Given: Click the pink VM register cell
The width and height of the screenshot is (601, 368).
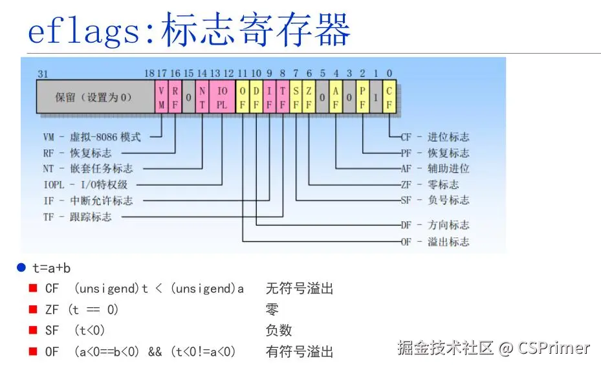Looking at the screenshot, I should click(x=160, y=97).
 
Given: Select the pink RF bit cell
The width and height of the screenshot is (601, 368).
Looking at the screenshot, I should click(x=175, y=97).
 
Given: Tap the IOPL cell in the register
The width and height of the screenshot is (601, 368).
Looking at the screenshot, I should click(x=222, y=97).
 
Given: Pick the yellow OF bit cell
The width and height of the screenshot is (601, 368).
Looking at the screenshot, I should click(x=243, y=97).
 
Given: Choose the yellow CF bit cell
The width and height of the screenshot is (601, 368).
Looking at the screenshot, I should click(x=389, y=97).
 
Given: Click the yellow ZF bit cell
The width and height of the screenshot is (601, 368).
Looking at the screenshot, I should click(x=309, y=97).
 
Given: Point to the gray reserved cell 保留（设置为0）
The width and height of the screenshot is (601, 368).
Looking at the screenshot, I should click(x=94, y=97).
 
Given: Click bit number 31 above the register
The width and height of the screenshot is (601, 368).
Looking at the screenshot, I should click(x=43, y=74).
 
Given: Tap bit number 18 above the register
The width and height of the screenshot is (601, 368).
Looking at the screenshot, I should click(x=149, y=74).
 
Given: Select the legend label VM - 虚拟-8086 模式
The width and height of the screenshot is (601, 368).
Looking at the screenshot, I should click(x=92, y=136).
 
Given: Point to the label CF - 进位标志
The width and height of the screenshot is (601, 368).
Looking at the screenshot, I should click(x=435, y=136).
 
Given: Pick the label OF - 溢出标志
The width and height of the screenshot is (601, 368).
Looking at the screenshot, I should click(x=435, y=242).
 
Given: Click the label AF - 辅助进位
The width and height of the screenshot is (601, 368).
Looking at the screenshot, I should click(x=435, y=168).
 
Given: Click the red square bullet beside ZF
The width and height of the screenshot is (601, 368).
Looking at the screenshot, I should click(x=32, y=309).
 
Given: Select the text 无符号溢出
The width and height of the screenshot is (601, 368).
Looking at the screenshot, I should click(x=300, y=288).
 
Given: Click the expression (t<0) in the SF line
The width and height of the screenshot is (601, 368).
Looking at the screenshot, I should click(x=89, y=330).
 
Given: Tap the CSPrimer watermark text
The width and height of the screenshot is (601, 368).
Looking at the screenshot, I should click(x=554, y=348).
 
